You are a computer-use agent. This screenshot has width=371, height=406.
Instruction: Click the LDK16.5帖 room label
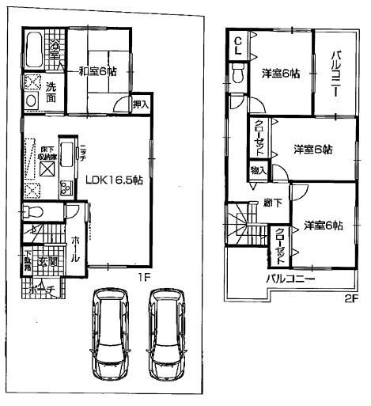coord(114,180)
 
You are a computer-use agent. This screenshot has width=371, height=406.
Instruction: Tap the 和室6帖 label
coord(99,71)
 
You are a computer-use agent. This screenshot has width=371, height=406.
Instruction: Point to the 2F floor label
coord(349,298)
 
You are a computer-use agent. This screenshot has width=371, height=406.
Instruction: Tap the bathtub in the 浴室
coord(36,51)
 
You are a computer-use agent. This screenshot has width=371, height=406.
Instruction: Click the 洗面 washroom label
coord(50,91)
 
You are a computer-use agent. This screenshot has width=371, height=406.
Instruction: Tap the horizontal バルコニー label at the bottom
coord(290,279)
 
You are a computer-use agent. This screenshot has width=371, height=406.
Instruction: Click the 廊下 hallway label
coord(271,203)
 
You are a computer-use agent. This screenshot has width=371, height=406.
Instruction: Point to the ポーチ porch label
coord(41,290)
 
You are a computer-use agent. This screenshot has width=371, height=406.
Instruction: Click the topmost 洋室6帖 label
coord(281,74)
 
